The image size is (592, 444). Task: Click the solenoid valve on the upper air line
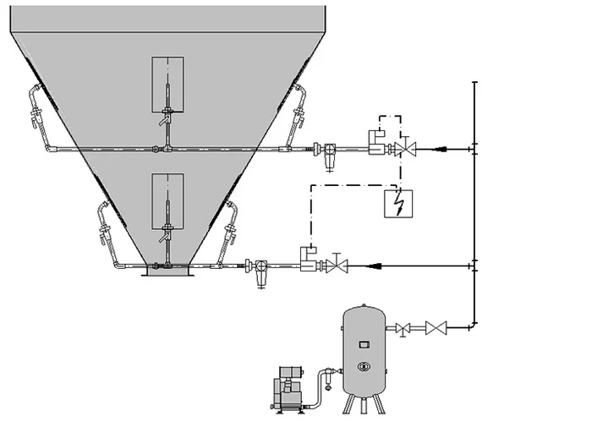coord(373,143)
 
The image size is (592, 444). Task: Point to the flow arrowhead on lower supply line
coord(373,266)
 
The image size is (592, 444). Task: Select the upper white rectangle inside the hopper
coord(168,84)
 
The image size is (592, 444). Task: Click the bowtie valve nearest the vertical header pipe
coord(436,326)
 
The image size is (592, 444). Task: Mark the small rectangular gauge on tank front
coord(364,344)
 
